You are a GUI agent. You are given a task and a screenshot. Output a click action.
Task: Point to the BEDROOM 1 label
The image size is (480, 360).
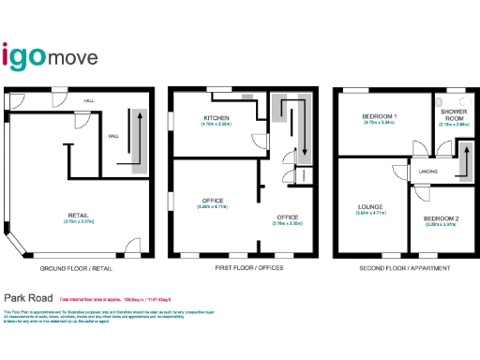pos(381,116)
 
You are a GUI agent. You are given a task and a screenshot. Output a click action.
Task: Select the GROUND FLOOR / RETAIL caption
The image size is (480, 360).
pos(72,267)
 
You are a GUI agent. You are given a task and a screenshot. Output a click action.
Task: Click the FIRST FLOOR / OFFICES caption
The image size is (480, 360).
pos(239,267)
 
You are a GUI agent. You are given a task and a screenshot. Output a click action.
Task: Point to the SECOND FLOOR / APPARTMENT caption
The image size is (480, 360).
pos(404,267)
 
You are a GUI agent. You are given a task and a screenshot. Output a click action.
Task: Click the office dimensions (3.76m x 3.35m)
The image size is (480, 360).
pos(286,224)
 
